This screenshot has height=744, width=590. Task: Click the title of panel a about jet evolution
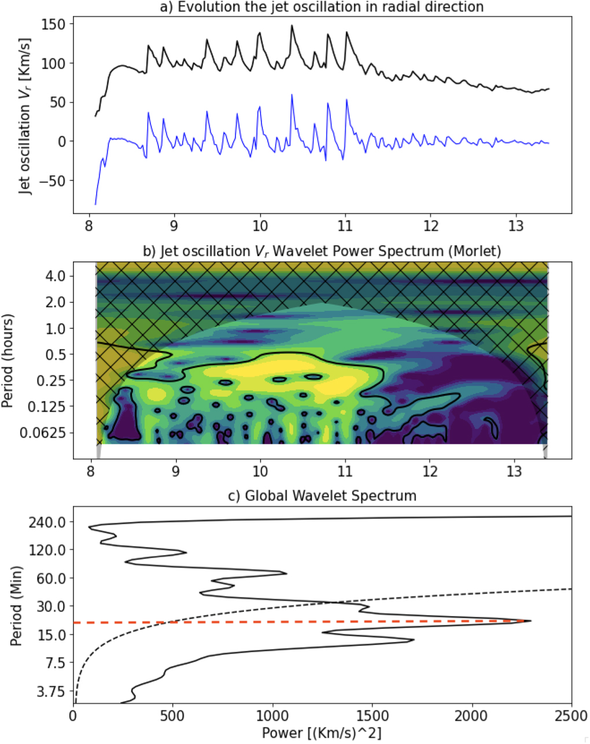(322, 7)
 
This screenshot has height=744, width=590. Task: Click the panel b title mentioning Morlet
(322, 251)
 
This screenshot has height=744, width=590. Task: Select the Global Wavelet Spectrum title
(322, 496)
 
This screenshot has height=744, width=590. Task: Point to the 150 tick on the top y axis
(53, 24)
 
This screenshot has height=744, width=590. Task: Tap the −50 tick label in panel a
(50, 181)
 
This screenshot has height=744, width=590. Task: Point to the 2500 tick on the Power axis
(571, 715)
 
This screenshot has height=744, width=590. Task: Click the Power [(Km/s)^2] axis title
(322, 732)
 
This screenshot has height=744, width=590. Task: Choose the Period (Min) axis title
(16, 606)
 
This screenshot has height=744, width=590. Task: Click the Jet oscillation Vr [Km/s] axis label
(25, 117)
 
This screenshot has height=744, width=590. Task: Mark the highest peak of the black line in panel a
(292, 25)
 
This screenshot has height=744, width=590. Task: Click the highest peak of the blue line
(292, 95)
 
